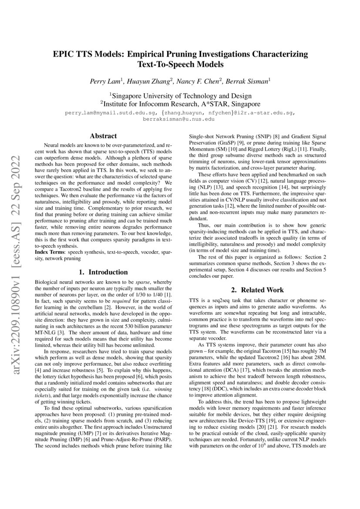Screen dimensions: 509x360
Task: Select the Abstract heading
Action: point(103,136)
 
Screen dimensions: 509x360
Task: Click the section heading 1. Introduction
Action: point(103,272)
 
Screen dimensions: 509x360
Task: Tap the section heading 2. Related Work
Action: point(257,290)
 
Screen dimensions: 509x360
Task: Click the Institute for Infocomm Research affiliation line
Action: point(180,104)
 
